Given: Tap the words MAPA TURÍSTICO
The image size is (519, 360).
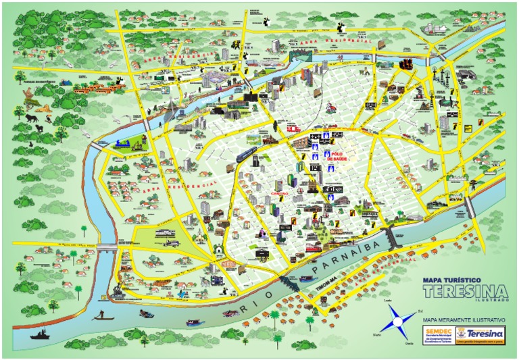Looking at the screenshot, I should pyautogui.click(x=451, y=279).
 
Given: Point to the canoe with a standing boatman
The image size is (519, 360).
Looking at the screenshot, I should pyautogui.click(x=101, y=315).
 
